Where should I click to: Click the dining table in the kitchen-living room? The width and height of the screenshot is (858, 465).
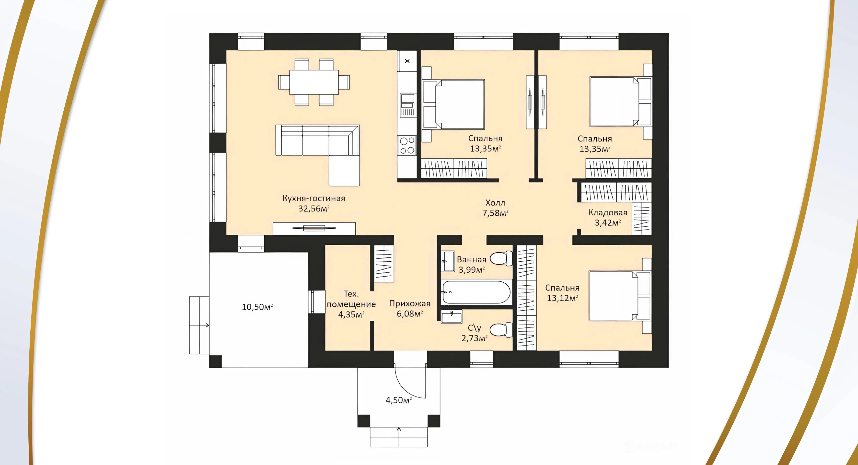click(314, 82)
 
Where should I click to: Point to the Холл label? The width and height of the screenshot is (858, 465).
click(495, 203)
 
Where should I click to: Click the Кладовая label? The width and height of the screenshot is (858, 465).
click(608, 212)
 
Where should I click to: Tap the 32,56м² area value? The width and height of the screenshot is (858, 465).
click(314, 209)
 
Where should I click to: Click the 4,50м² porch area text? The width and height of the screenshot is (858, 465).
click(399, 400)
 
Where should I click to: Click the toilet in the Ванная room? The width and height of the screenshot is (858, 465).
click(501, 258)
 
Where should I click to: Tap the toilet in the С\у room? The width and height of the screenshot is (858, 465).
click(501, 330)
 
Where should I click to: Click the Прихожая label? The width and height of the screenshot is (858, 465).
click(410, 303)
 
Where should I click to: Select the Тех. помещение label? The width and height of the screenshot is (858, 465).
click(351, 299)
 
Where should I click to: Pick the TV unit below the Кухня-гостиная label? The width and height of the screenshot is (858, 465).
click(314, 229)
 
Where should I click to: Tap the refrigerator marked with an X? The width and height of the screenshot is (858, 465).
click(407, 61)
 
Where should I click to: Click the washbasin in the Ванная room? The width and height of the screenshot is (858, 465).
click(448, 261)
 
